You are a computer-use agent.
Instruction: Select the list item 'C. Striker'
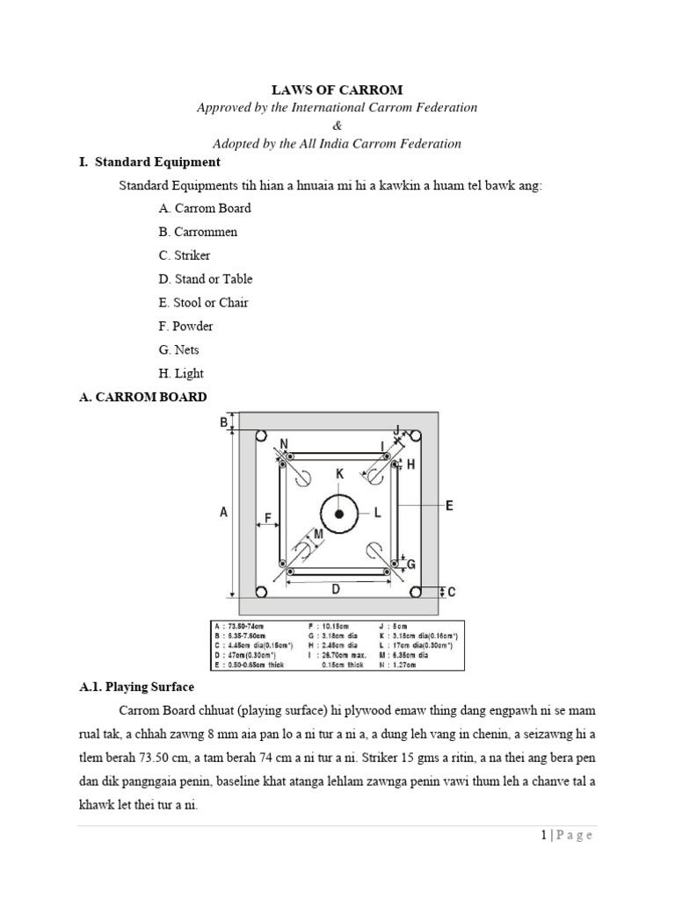tap(185, 255)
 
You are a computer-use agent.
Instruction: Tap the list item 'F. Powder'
tap(186, 326)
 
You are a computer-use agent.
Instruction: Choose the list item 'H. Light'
tap(181, 373)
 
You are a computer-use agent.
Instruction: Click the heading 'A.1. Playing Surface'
tap(136, 687)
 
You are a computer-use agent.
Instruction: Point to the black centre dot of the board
tap(338, 513)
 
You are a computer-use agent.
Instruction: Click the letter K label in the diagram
tap(339, 474)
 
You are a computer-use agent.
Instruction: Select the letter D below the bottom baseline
tap(335, 589)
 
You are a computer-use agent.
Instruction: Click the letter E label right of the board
tap(448, 506)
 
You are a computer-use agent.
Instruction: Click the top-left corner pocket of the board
tap(260, 436)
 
